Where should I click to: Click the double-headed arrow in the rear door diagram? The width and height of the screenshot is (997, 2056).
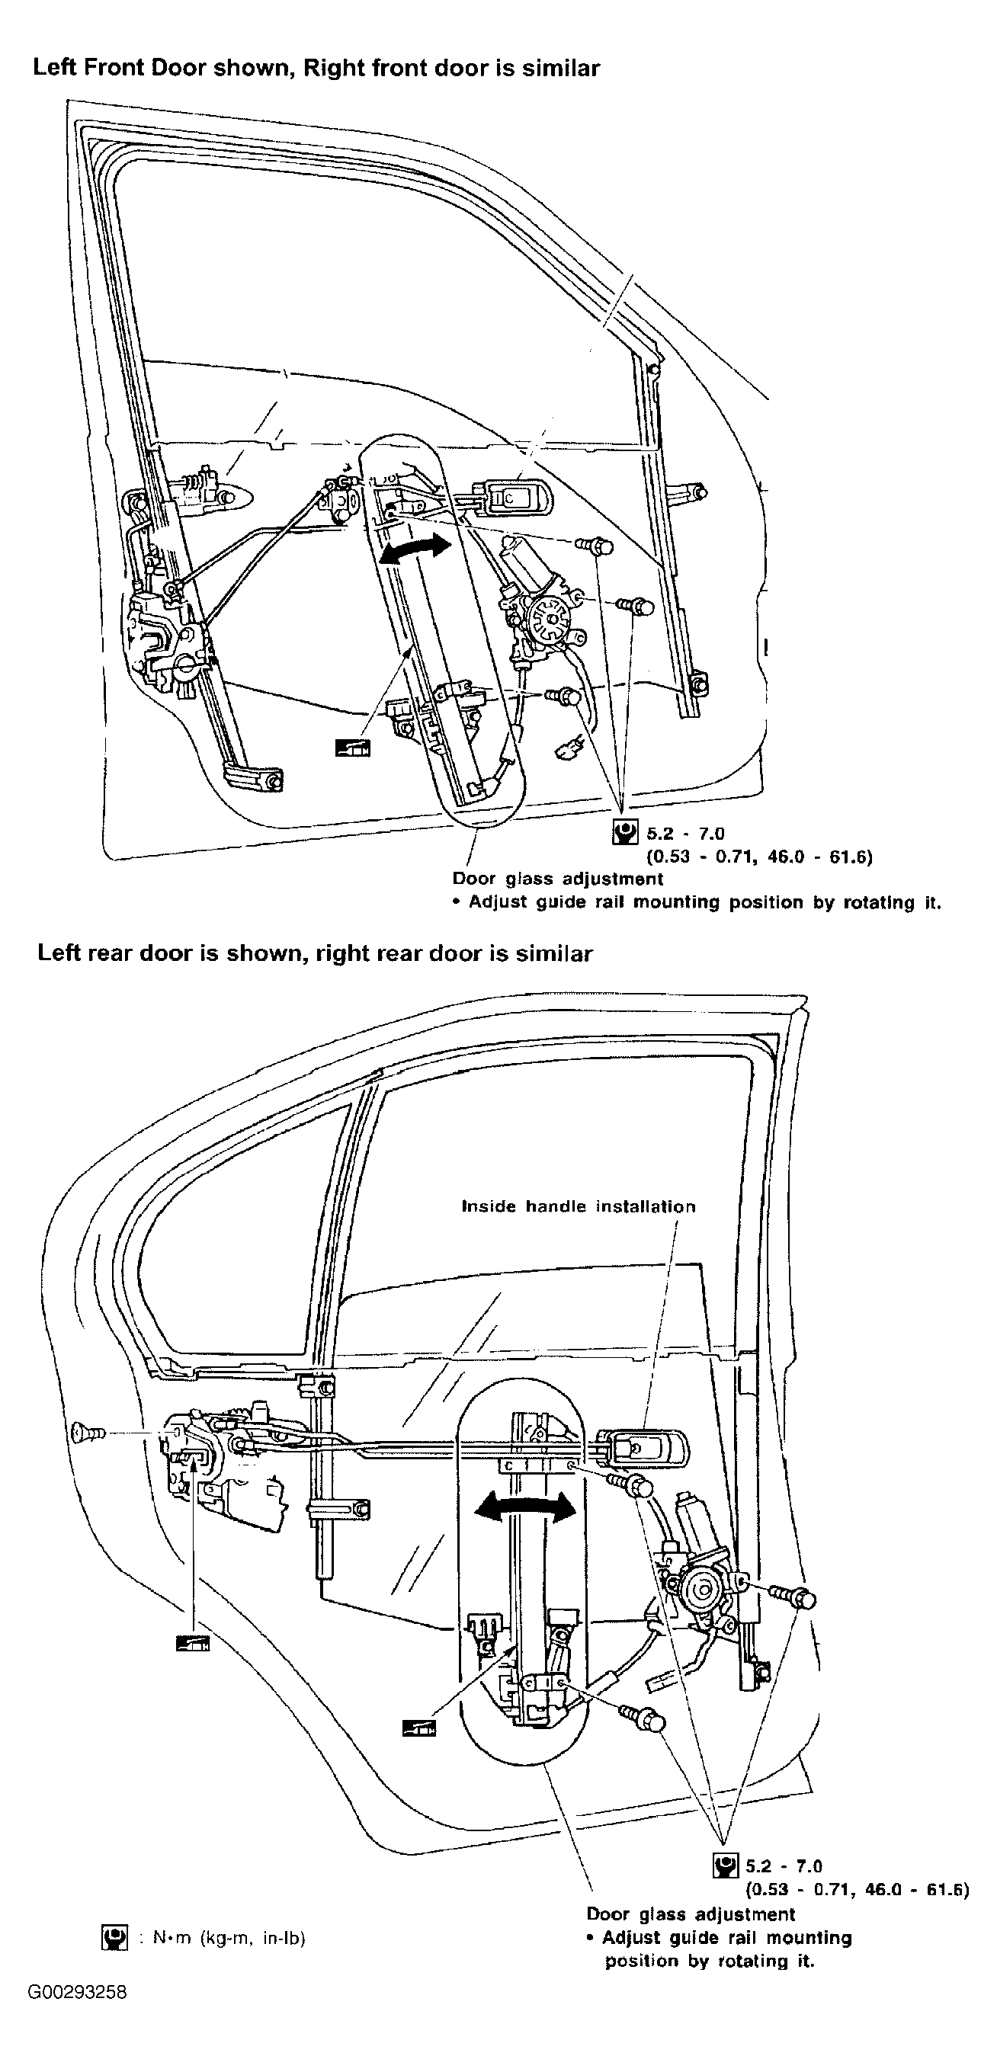tap(524, 1507)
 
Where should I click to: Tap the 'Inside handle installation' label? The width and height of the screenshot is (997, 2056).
tap(579, 1207)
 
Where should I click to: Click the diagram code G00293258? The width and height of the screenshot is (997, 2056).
tap(77, 1992)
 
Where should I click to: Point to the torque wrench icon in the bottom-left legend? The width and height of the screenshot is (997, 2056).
tap(115, 1937)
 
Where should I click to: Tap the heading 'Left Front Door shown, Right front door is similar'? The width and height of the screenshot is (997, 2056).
tap(316, 68)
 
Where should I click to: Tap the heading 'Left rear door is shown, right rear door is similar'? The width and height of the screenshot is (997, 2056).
tap(316, 953)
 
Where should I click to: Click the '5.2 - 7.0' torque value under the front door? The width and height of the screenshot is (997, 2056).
tap(686, 833)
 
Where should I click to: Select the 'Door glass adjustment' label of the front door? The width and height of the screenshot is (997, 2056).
tap(558, 879)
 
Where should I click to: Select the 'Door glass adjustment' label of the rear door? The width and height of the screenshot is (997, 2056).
tap(691, 1914)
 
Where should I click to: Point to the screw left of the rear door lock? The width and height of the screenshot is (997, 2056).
tap(88, 1433)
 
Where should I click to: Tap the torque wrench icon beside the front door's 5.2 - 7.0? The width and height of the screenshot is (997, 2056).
tap(626, 832)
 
